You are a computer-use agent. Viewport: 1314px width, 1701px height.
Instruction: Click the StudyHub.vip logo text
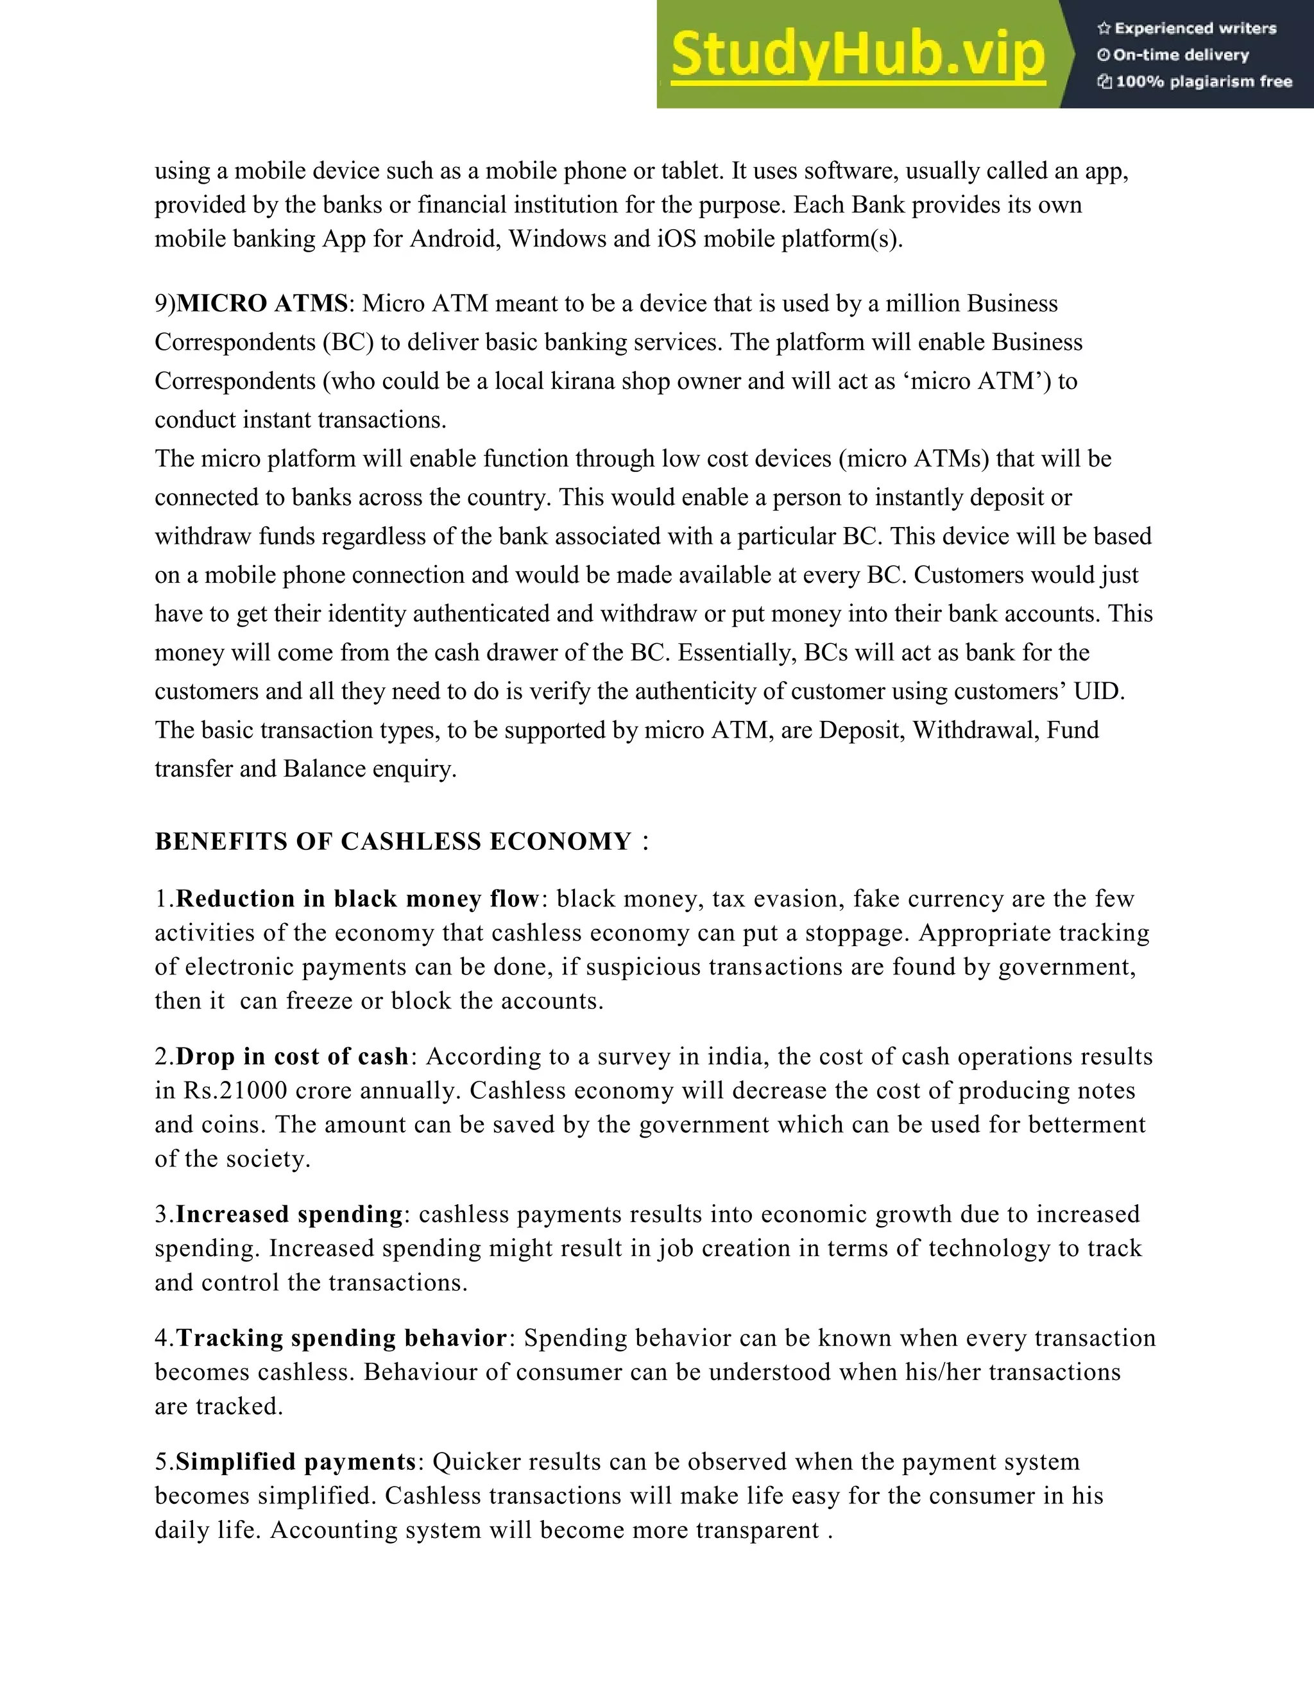click(x=857, y=55)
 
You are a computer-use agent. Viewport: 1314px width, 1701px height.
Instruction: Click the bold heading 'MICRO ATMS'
click(x=262, y=304)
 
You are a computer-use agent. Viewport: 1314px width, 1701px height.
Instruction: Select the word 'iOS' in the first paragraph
click(x=678, y=238)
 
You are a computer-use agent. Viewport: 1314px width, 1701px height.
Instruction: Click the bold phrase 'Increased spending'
click(x=289, y=1214)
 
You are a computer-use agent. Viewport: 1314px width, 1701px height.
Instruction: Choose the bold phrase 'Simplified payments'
click(x=296, y=1462)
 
